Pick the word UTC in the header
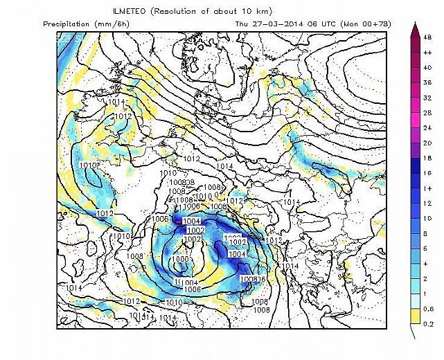(331, 24)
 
